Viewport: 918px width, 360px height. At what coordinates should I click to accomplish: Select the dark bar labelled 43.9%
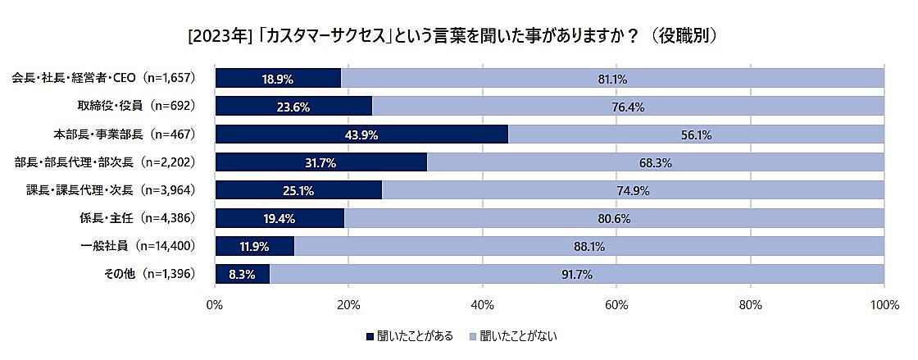[361, 134]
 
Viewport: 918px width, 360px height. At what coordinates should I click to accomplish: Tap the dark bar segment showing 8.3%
[242, 274]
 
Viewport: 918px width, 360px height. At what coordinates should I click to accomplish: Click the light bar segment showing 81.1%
[612, 79]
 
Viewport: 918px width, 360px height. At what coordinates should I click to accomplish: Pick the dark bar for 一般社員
[254, 246]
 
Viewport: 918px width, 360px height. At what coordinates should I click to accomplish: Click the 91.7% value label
[576, 274]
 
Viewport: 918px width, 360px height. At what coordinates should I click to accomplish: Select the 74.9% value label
[633, 190]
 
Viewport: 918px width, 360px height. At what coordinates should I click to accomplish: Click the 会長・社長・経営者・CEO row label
[102, 78]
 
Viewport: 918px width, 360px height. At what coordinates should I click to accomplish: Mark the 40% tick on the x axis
[483, 305]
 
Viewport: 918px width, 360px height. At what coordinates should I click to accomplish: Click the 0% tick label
[215, 305]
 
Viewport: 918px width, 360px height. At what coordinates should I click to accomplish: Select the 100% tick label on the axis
[884, 305]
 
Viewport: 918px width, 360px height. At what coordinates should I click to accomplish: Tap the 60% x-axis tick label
[616, 305]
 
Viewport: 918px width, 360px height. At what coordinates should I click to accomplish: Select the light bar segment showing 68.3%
[656, 162]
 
